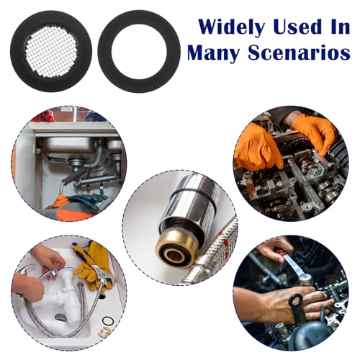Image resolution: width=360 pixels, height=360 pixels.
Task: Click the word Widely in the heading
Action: (231, 27)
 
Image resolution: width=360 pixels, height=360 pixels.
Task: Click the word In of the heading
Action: (340, 27)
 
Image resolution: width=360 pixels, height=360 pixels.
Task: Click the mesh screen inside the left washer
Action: (51, 49)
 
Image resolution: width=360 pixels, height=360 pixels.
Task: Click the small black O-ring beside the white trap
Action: (107, 321)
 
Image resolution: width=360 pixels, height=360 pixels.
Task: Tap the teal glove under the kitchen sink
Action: (88, 199)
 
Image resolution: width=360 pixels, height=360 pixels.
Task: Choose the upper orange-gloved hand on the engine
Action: (314, 135)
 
